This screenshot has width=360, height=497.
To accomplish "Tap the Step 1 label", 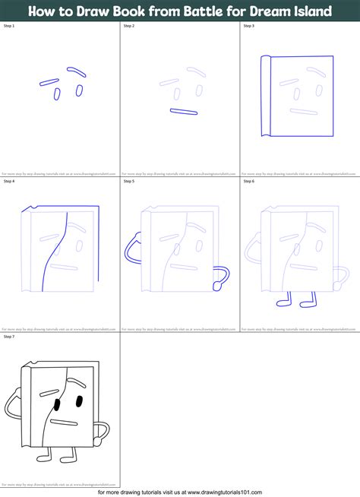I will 9,26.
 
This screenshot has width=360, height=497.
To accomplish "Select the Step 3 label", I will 248,26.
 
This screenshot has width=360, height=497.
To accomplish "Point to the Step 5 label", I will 128,182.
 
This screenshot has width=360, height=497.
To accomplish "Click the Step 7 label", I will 9,335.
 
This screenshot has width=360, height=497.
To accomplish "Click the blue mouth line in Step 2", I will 184,112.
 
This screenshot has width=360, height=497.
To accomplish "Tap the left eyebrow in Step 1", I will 49,81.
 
